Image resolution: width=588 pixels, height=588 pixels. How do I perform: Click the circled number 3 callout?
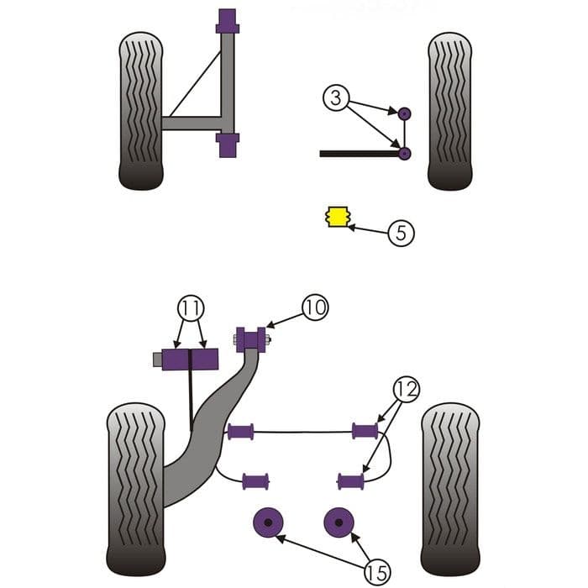tap(334, 98)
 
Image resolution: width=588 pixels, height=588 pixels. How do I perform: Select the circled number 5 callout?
tap(402, 233)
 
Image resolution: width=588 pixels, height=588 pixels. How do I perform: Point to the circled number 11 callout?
tap(191, 308)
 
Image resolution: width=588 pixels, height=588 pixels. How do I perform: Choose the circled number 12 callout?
tap(406, 389)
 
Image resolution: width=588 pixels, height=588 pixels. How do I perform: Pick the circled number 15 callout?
tap(376, 573)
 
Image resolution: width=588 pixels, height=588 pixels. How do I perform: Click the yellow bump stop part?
tap(336, 217)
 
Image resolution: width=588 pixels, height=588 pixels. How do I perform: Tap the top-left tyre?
tap(140, 110)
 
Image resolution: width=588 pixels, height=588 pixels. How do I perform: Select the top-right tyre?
tap(449, 110)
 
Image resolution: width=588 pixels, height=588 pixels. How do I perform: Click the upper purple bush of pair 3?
tap(404, 113)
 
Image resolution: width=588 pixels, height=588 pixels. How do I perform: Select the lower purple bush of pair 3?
tap(404, 153)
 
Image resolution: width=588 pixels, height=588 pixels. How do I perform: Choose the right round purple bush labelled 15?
tap(339, 522)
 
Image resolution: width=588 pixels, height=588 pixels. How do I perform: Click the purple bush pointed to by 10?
tap(249, 339)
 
